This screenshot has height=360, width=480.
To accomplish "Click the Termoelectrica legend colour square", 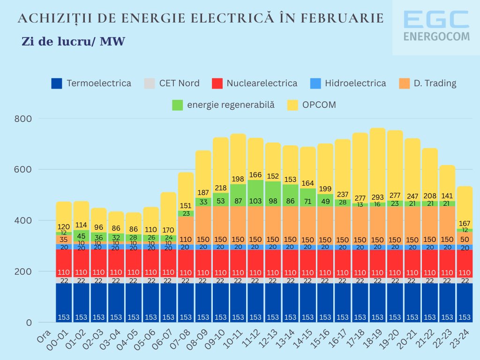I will (x=57, y=83).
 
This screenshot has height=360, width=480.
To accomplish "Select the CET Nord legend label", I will (x=179, y=83).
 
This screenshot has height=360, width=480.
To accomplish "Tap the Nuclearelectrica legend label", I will (x=262, y=83).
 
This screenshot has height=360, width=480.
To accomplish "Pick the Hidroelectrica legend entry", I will (x=355, y=83).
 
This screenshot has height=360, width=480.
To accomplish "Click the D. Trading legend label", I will (x=435, y=83).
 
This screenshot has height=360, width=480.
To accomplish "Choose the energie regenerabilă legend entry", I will (x=231, y=105).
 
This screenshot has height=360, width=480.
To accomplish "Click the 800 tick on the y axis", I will (x=22, y=119).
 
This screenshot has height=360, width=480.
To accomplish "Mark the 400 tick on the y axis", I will (x=22, y=220).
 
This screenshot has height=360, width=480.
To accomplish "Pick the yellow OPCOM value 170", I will (x=168, y=230).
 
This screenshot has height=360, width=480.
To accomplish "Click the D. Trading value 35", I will (x=64, y=239).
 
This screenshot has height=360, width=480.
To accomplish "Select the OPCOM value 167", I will (x=465, y=223).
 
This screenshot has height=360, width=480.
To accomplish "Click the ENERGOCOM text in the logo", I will (x=436, y=36).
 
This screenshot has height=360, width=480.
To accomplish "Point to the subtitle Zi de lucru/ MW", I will (x=73, y=42).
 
